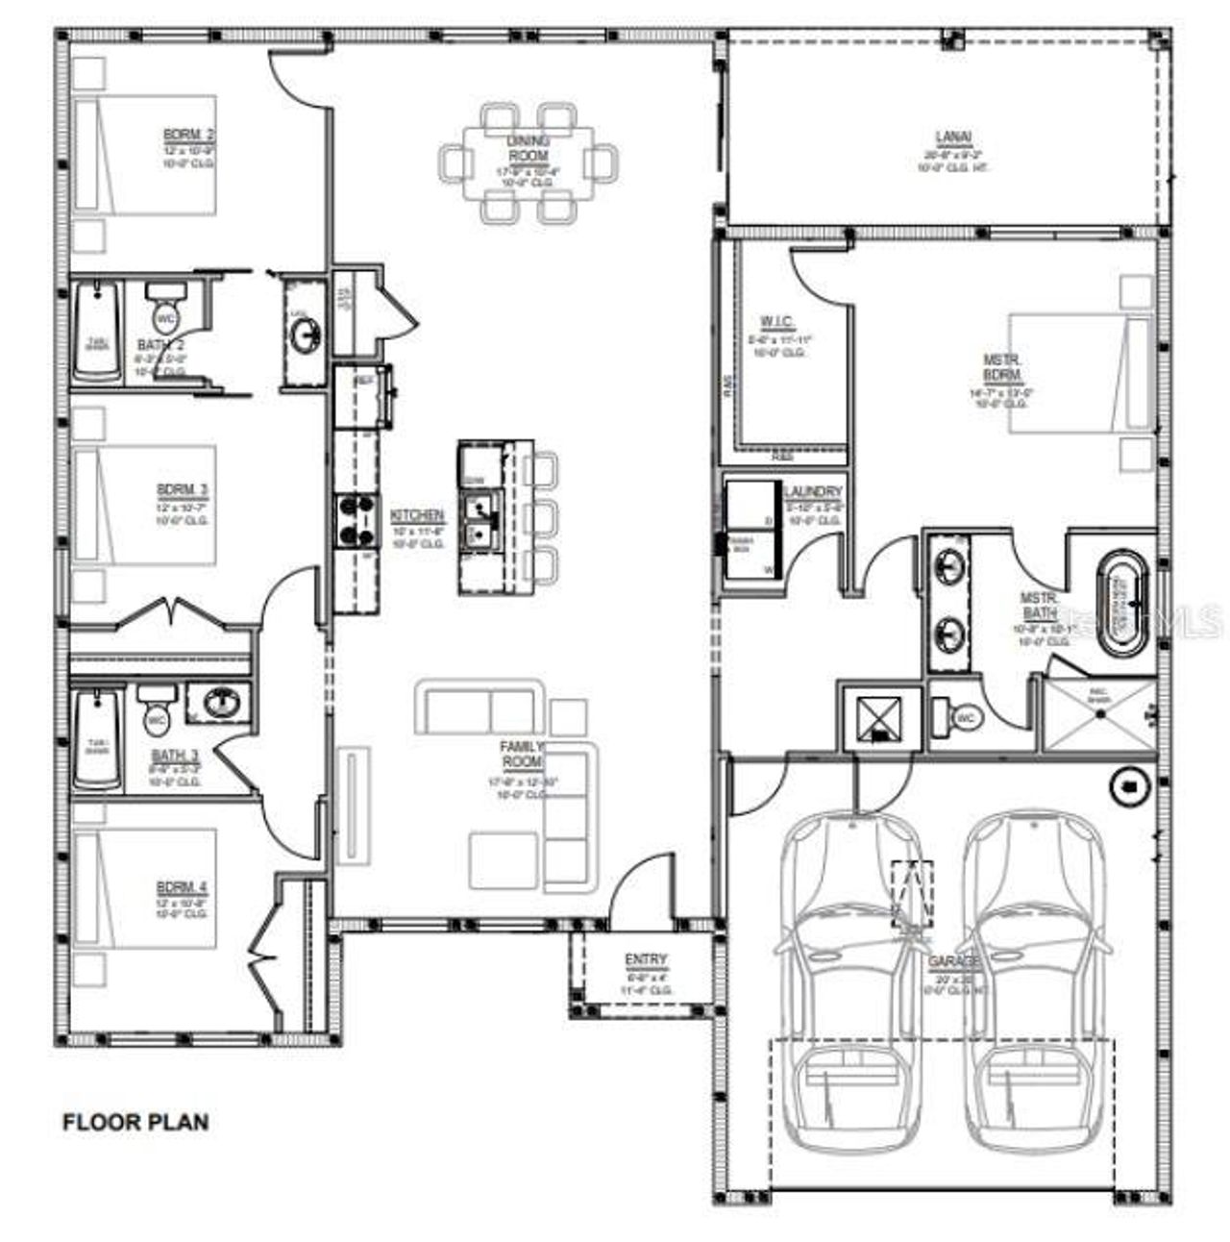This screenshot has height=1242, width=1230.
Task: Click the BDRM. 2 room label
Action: (188, 134)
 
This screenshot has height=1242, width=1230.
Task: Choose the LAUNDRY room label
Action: (812, 491)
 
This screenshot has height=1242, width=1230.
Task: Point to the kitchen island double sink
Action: (478, 520)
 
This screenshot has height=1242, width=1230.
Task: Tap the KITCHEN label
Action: (417, 516)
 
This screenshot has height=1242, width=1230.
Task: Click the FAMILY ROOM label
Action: (521, 754)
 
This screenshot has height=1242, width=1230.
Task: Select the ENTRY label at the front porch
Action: (646, 959)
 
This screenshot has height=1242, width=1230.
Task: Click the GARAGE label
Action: (954, 961)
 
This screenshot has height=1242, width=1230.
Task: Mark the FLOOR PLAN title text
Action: (135, 1121)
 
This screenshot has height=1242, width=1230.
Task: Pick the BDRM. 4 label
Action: (182, 885)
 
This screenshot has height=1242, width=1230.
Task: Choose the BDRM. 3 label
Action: (183, 490)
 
